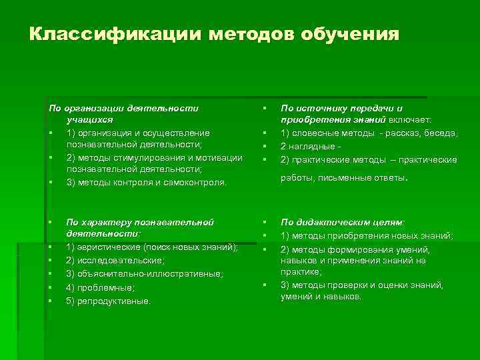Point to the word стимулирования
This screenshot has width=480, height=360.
click(x=141, y=157)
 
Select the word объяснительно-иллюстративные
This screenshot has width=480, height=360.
click(x=150, y=274)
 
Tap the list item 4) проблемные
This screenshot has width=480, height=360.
click(x=100, y=287)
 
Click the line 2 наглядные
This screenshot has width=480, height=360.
click(x=307, y=146)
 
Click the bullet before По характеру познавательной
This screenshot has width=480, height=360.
click(x=50, y=222)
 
